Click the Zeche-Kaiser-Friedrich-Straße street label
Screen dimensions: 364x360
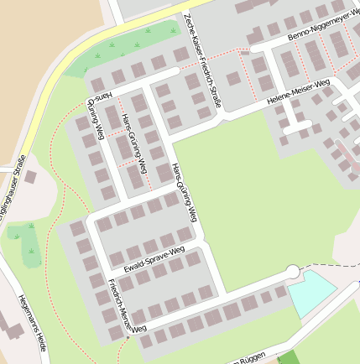[202, 61]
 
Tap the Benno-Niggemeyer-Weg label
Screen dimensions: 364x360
[323, 27]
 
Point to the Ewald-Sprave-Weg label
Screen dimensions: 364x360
[154, 259]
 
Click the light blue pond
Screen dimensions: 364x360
[311, 290]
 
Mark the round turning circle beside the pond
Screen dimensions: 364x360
[292, 271]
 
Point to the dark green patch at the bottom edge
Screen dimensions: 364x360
[287, 358]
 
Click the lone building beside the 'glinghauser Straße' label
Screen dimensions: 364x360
[31, 177]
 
